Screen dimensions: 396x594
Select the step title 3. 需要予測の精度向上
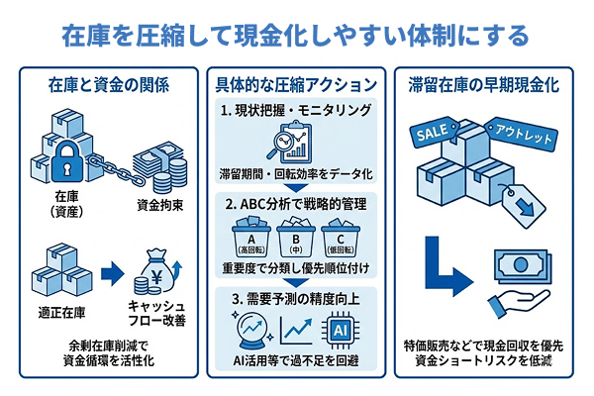click(x=295, y=298)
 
